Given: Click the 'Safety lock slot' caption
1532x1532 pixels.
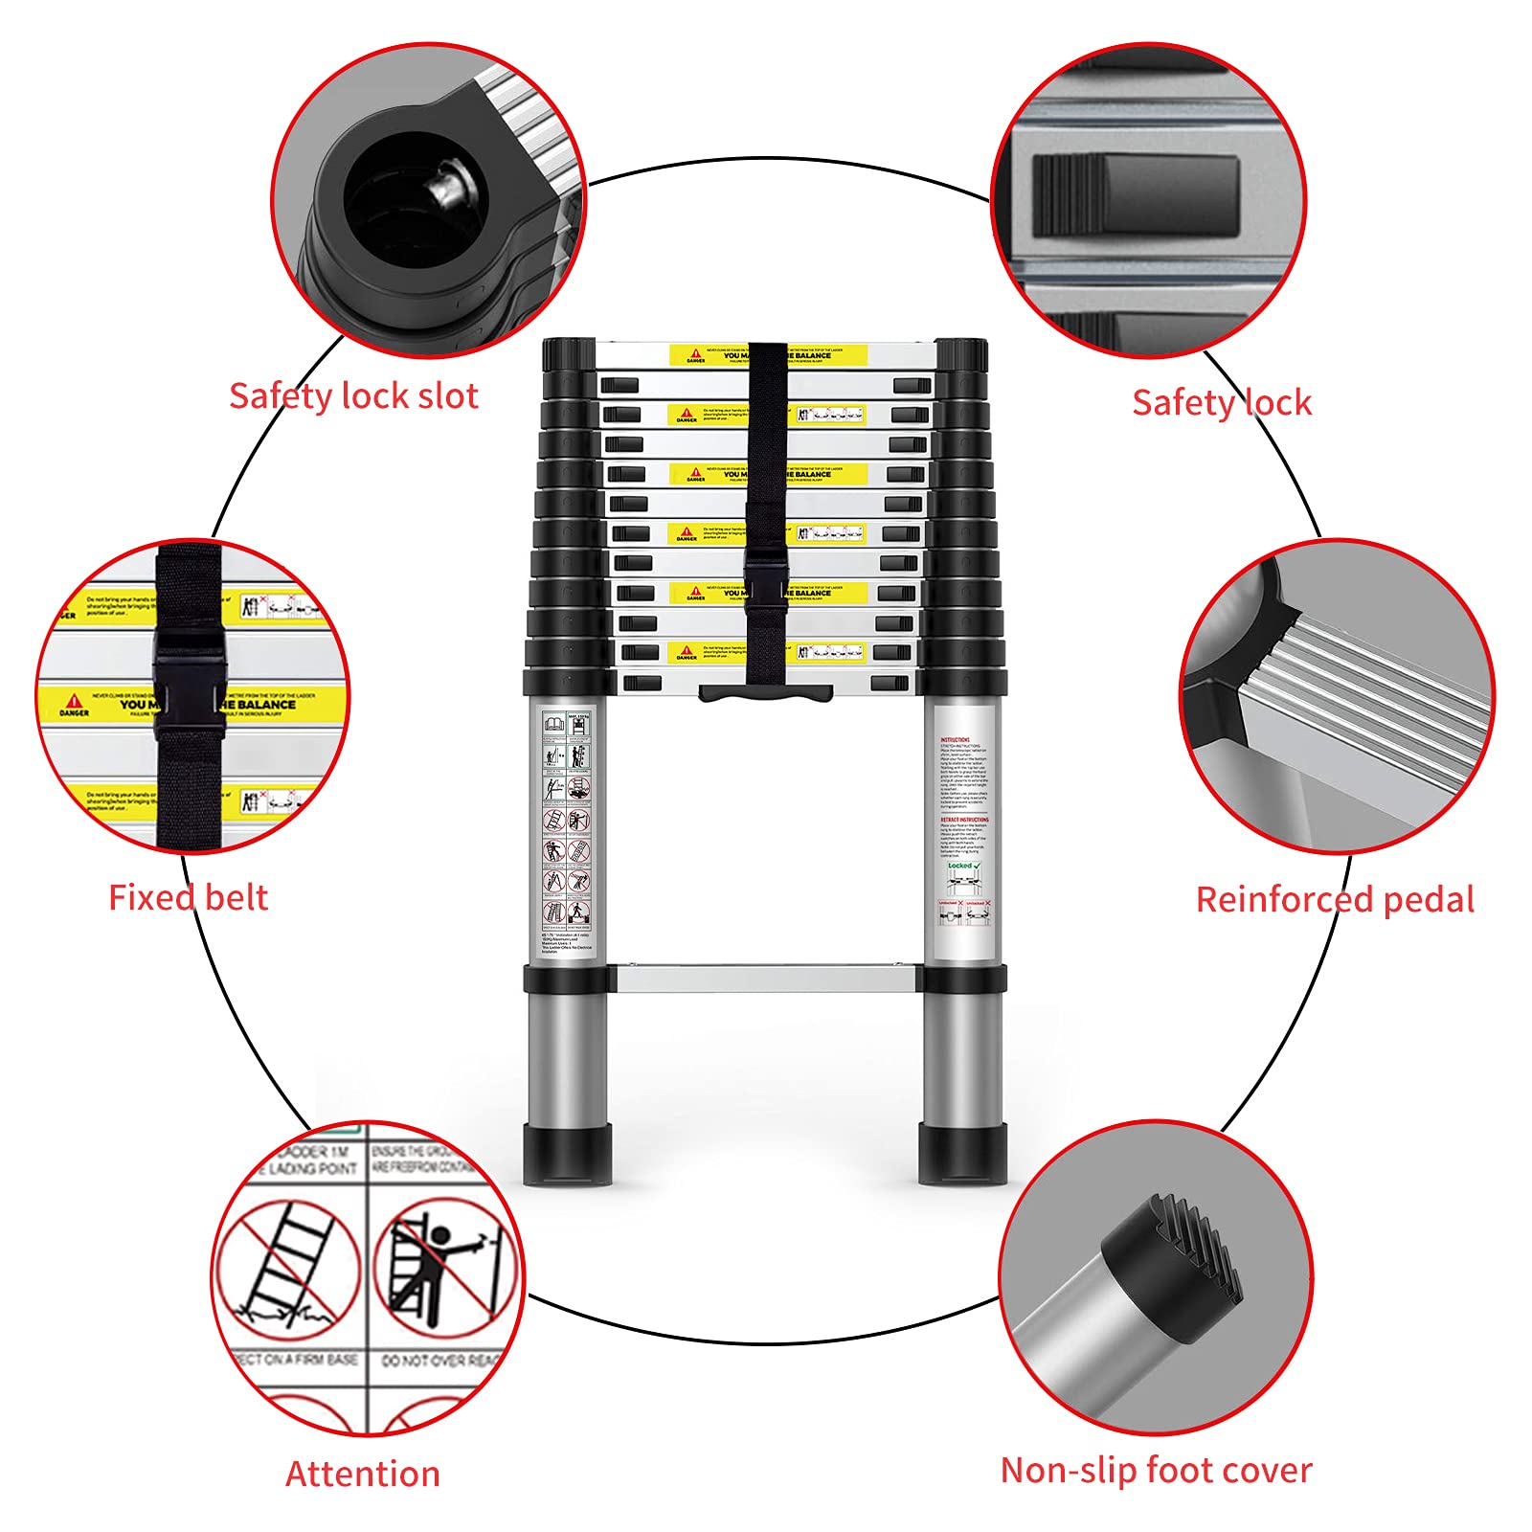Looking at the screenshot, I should [353, 395].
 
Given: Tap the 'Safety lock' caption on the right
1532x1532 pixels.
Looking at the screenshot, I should [1221, 402].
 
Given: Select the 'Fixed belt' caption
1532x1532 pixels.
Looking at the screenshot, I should [188, 897].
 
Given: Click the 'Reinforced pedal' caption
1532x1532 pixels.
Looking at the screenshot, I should [1335, 899].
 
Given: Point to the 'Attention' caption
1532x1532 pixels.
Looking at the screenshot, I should [363, 1474].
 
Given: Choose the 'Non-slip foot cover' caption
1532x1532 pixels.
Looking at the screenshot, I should [1156, 1470].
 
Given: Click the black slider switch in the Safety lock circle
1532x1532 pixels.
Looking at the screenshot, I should [1136, 196].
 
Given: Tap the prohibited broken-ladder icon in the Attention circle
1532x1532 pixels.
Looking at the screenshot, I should [287, 1269].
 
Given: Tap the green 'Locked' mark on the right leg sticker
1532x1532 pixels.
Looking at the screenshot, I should [963, 865].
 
